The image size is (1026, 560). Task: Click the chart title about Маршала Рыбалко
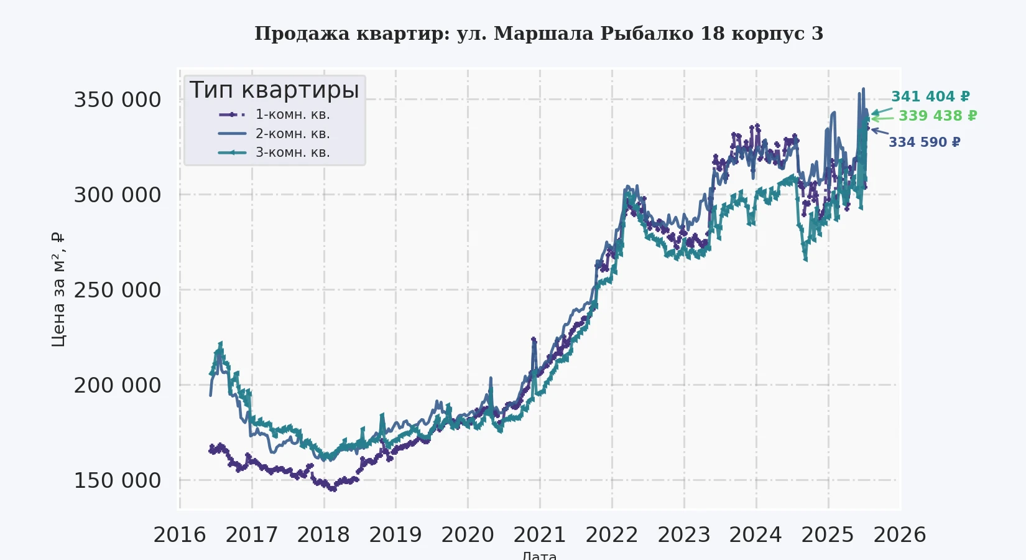[538, 34]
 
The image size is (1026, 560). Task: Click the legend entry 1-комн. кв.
[292, 114]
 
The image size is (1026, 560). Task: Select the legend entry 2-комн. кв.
[292, 134]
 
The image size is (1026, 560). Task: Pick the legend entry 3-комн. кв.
[292, 152]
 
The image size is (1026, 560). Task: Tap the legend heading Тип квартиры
[274, 90]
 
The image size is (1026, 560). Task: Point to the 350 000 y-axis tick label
[118, 100]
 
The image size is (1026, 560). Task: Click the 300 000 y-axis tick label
[118, 195]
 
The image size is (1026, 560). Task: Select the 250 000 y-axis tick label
[118, 290]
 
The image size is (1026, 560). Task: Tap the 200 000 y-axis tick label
[118, 385]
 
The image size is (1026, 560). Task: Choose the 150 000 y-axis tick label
[118, 480]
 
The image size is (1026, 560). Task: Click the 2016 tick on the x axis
[180, 534]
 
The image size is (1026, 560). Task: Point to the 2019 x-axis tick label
[395, 534]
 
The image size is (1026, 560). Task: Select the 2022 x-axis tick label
[612, 534]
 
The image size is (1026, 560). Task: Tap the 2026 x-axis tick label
[900, 534]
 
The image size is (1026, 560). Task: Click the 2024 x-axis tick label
[756, 534]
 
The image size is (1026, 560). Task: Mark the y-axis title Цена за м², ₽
[58, 289]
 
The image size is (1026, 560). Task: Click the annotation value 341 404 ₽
[930, 96]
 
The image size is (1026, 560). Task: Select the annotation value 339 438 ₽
[938, 116]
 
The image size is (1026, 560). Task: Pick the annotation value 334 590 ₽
[924, 142]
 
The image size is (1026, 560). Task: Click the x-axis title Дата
[539, 555]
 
